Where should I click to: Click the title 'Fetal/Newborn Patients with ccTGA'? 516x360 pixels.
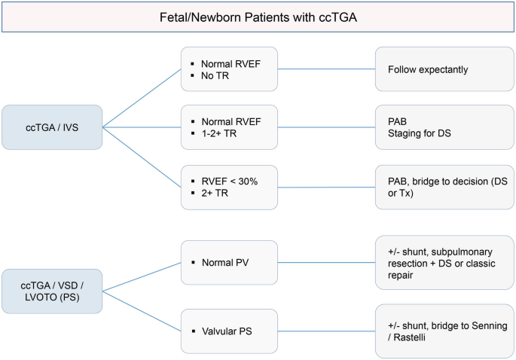click(x=257, y=17)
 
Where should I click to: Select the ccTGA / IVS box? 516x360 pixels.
click(x=52, y=127)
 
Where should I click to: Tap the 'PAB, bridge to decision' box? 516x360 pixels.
click(x=444, y=187)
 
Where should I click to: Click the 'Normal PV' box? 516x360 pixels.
click(x=230, y=263)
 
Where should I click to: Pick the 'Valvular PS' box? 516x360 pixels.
click(x=230, y=328)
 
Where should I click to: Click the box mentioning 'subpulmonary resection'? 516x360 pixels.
click(x=444, y=263)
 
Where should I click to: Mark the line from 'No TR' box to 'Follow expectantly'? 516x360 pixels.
click(x=327, y=69)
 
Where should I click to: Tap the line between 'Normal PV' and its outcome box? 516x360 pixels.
click(x=327, y=263)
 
